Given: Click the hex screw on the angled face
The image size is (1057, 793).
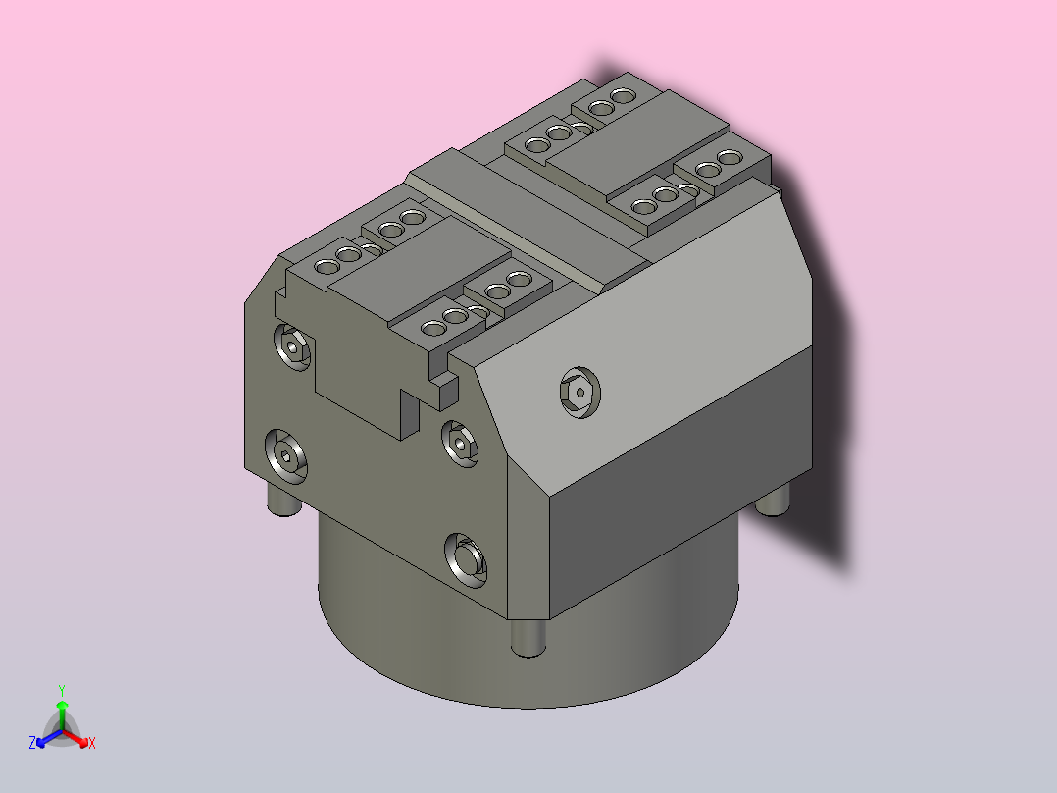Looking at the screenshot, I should [x=579, y=394].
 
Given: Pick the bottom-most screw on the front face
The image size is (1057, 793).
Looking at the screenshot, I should [x=465, y=558].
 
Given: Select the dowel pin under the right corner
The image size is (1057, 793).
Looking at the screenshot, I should [x=775, y=501].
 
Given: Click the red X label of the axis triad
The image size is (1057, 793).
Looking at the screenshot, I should [x=91, y=744].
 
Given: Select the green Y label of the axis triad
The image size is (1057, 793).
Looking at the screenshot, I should [x=61, y=690].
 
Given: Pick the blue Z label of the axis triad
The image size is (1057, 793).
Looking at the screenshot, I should [x=32, y=743].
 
